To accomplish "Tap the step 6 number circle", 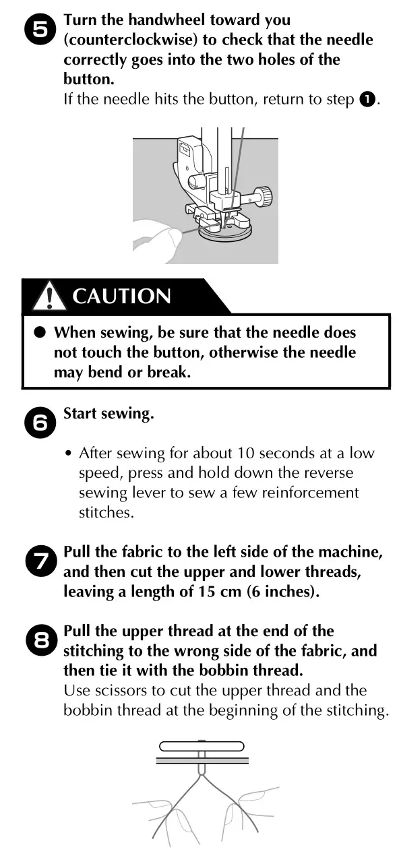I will coord(41,422).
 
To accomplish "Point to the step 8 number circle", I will coord(41,641).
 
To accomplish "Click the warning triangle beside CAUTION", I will coord(49,296).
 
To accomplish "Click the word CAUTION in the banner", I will coord(121,296).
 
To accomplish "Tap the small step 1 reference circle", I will coord(366,100).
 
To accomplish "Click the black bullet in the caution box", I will coord(39,332).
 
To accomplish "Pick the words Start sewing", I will coord(109,413).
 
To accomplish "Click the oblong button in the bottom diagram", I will coord(201,746).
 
